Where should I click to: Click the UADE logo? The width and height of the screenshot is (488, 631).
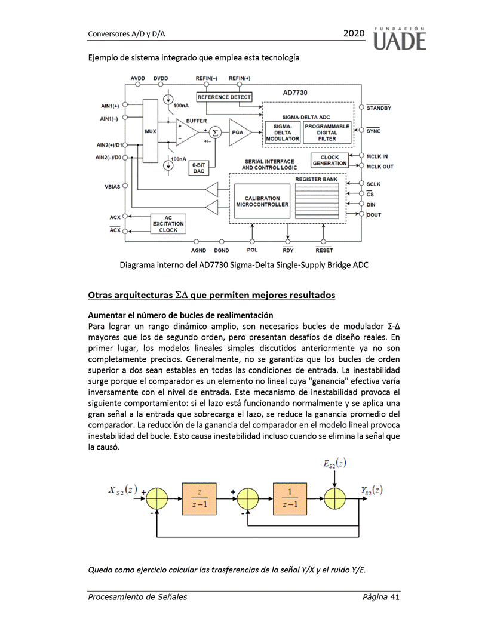[400, 38]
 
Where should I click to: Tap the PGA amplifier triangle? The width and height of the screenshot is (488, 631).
[239, 133]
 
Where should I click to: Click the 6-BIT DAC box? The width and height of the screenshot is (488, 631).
[198, 167]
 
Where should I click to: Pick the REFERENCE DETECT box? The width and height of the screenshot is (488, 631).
[224, 97]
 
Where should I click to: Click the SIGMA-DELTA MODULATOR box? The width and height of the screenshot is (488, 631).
[283, 133]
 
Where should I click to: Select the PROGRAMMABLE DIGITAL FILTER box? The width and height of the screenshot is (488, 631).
[327, 133]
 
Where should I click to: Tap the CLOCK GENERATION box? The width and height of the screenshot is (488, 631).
[330, 161]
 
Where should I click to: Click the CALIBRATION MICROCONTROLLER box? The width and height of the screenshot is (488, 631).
[262, 202]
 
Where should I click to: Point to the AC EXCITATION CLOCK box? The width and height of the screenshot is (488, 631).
[168, 223]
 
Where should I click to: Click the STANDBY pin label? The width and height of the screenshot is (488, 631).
[379, 108]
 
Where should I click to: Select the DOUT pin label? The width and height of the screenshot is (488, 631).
[374, 214]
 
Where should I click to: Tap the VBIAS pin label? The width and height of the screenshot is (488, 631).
[112, 187]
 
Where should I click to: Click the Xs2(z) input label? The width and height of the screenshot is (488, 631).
[120, 490]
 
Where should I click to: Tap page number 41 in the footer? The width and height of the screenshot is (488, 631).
[394, 597]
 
